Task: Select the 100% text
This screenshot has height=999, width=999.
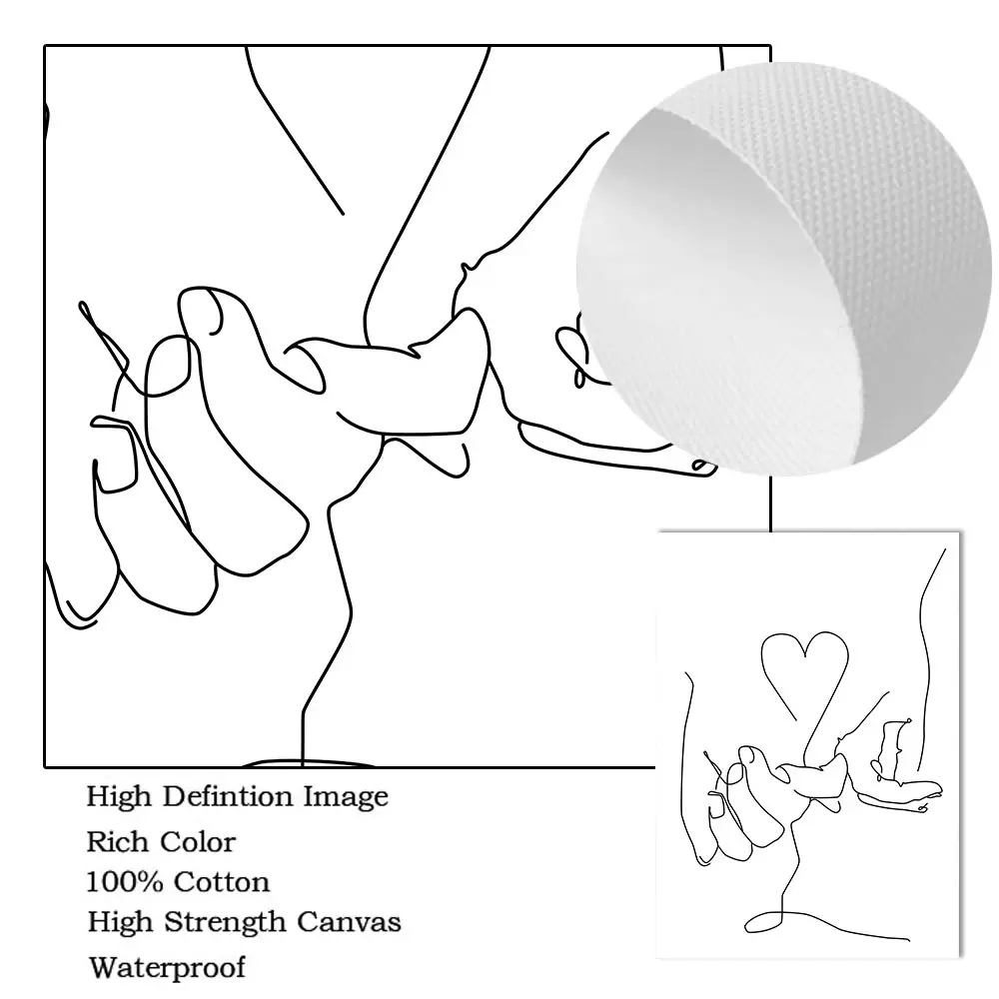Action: pyautogui.click(x=126, y=882)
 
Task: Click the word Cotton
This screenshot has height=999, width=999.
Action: pyautogui.click(x=222, y=882)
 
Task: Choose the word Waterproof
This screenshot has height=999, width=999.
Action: pyautogui.click(x=167, y=967)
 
